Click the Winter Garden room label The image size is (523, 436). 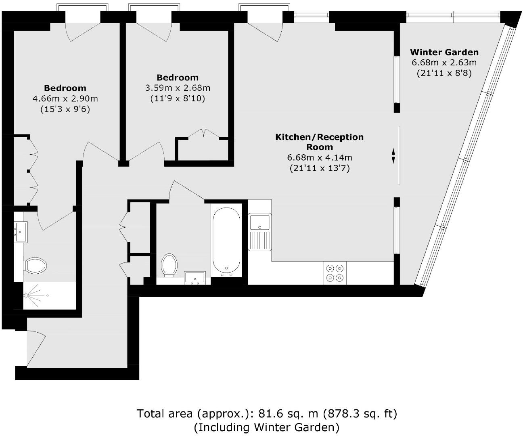(444, 52)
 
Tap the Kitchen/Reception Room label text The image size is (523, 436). (319, 142)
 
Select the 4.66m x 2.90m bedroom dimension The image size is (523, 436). (65, 99)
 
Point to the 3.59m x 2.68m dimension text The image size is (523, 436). (178, 88)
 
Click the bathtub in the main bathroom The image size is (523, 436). (226, 241)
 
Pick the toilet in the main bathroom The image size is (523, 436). (169, 265)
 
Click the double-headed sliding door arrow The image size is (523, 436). (393, 156)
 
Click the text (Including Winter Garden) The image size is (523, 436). (266, 427)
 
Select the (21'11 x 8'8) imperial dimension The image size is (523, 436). (444, 73)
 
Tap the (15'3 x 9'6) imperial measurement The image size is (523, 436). (65, 109)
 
